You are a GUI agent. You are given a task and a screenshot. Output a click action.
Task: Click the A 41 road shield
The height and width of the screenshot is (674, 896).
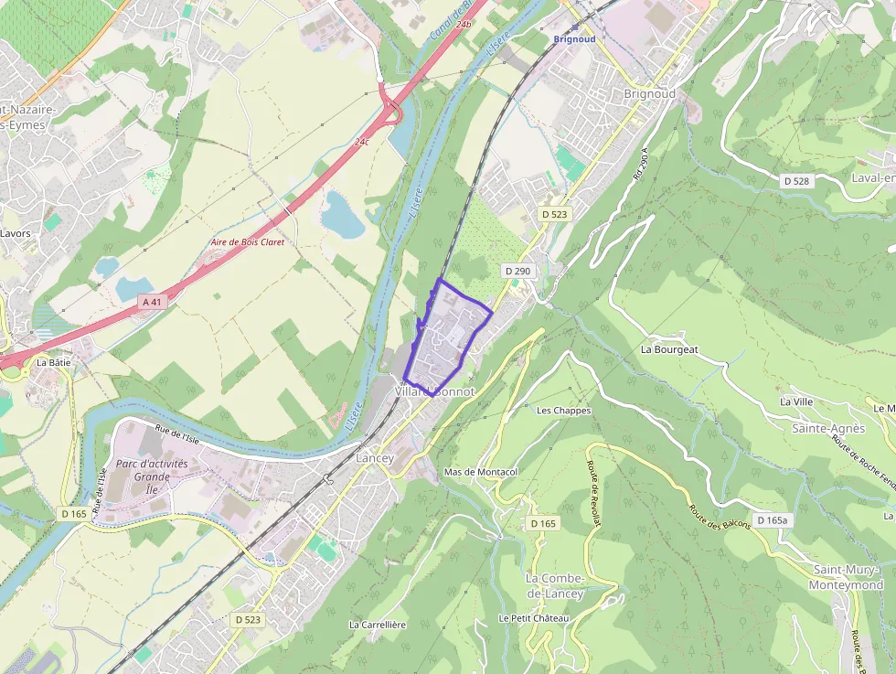click(153, 301)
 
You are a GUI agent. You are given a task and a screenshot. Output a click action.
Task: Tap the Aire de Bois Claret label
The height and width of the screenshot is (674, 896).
click(247, 242)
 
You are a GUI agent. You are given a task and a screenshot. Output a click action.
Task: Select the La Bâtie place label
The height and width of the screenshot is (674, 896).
click(53, 362)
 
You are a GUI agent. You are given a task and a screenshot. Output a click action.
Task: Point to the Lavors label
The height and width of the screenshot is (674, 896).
click(16, 233)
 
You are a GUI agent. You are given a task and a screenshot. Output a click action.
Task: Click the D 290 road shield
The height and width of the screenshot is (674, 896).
click(517, 271)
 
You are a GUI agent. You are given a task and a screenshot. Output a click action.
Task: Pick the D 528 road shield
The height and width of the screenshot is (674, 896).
click(796, 181)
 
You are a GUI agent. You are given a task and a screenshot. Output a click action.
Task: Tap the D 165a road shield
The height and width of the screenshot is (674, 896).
click(772, 521)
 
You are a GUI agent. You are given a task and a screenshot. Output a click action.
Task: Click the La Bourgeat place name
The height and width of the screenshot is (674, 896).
click(669, 349)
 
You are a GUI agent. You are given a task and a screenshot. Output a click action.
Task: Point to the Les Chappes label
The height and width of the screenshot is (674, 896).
click(564, 411)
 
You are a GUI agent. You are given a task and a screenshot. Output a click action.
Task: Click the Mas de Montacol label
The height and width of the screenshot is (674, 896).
click(480, 472)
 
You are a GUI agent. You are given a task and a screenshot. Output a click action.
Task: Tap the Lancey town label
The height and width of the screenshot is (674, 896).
click(375, 458)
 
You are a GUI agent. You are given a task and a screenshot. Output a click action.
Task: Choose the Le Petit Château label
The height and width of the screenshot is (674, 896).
click(534, 618)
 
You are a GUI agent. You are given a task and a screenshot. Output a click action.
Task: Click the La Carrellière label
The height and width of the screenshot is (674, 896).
click(377, 625)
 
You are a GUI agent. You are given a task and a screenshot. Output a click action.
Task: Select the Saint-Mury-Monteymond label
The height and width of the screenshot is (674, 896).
click(848, 577)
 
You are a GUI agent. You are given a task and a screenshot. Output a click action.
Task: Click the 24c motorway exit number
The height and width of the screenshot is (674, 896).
click(362, 142)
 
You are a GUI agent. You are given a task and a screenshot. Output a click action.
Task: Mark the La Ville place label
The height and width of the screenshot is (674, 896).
click(796, 401)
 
